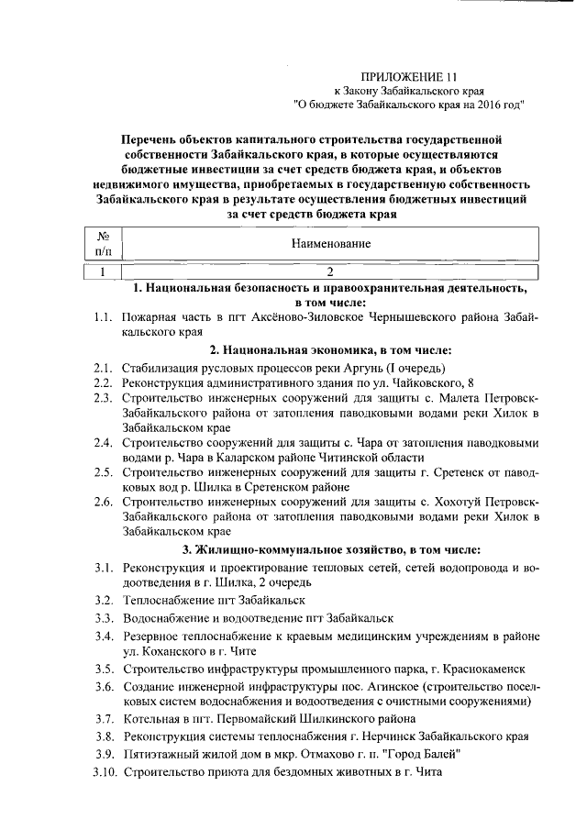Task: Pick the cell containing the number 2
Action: tap(330, 271)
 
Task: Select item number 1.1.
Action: tap(102, 316)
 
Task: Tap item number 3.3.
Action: tap(102, 617)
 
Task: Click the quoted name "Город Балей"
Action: tap(419, 754)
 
